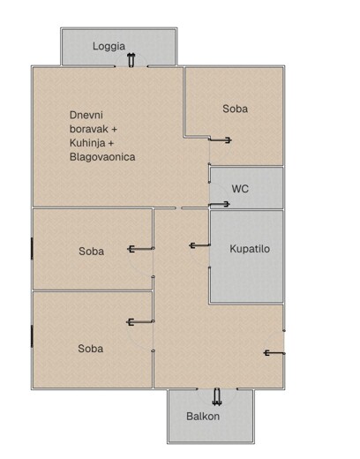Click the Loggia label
(x=109, y=46)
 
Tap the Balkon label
(x=203, y=417)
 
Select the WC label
(x=240, y=189)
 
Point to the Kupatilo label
(x=250, y=249)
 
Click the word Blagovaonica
(x=102, y=157)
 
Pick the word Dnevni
(x=86, y=115)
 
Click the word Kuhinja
(x=87, y=143)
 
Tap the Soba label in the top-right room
(x=235, y=109)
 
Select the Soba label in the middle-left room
(x=91, y=252)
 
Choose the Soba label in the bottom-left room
(x=90, y=349)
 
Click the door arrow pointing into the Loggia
(x=131, y=60)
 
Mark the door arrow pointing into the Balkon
(x=217, y=397)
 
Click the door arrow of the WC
(x=219, y=204)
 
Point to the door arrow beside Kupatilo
(x=200, y=245)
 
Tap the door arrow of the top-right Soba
(x=221, y=140)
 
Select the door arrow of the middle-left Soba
(x=140, y=249)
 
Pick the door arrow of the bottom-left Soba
(x=140, y=322)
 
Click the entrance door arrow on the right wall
(x=274, y=353)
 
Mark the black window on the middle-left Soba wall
(x=32, y=249)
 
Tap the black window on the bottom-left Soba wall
(x=32, y=336)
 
